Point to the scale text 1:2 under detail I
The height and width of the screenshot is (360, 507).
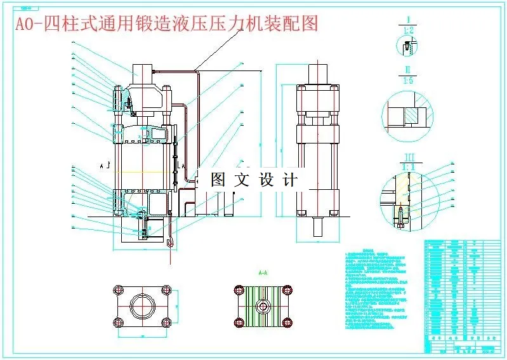tap(410, 30)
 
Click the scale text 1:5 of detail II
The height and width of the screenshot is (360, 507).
tap(410, 80)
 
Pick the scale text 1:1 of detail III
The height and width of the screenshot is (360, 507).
tap(410, 166)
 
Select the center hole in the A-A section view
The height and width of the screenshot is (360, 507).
tap(261, 306)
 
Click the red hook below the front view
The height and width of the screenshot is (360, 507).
tap(169, 240)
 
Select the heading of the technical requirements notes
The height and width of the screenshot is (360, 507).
tap(369, 251)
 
